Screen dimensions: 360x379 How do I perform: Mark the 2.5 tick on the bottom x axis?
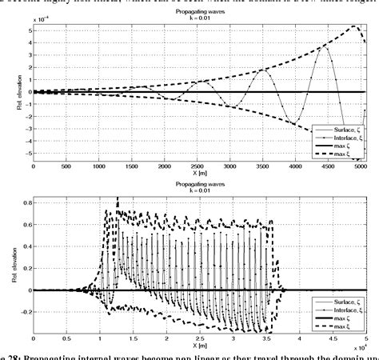202,339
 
